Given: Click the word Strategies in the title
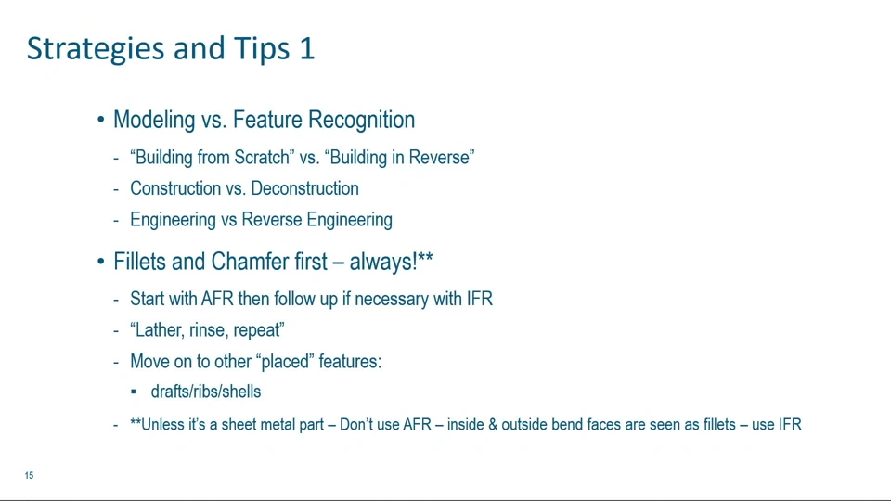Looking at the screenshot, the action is (96, 49).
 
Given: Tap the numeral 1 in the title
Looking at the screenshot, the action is (307, 47).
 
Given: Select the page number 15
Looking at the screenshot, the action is (29, 475).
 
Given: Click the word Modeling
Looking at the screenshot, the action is (154, 121).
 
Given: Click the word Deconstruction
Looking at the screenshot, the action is (304, 188).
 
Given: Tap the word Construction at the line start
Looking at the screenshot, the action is (176, 188).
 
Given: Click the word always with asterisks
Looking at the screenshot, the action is (391, 262).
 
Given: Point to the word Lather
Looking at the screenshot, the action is (156, 330).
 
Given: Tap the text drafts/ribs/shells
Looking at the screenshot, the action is (206, 392).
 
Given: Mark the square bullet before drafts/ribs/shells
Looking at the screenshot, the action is (134, 392).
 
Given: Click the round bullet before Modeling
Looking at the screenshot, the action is (100, 120).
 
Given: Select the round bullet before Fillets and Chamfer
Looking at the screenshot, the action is (100, 262).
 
